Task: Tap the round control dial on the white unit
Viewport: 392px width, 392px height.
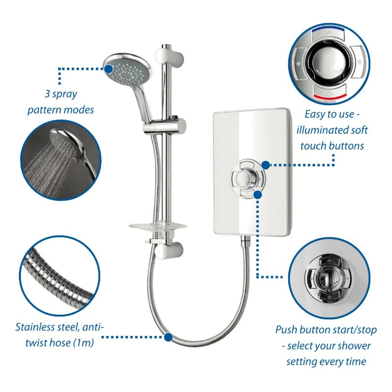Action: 247,178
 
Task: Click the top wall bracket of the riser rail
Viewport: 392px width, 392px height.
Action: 165,54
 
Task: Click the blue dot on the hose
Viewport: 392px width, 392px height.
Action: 168,337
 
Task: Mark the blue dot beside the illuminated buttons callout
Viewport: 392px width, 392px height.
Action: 265,165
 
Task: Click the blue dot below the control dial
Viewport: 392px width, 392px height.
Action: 258,195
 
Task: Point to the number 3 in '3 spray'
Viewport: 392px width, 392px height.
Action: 46,94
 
